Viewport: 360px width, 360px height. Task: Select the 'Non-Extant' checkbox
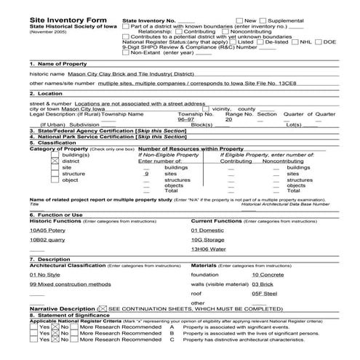coord(126,53)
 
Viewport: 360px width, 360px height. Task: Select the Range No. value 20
coord(229,120)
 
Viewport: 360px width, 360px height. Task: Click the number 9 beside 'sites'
coord(147,175)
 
